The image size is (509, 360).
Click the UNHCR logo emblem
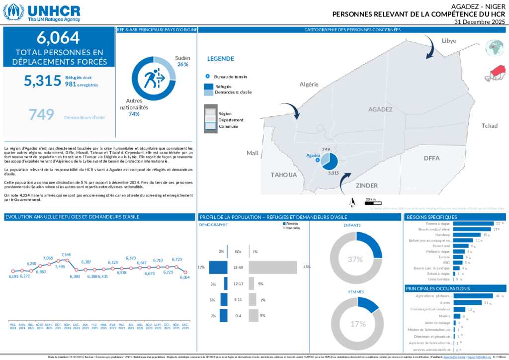13,12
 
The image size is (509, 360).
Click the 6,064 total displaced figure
58,38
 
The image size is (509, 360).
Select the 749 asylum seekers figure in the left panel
41,115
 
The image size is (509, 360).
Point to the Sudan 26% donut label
182,61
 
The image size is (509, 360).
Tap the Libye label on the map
449,40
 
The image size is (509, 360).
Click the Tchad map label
489,126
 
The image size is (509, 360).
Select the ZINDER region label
367,185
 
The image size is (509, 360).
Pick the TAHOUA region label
283,175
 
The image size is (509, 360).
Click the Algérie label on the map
309,84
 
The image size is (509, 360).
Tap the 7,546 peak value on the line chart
66,255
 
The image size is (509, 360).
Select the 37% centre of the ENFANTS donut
355,259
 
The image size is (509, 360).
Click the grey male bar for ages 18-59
272,268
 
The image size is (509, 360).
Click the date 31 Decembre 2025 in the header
480,22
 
